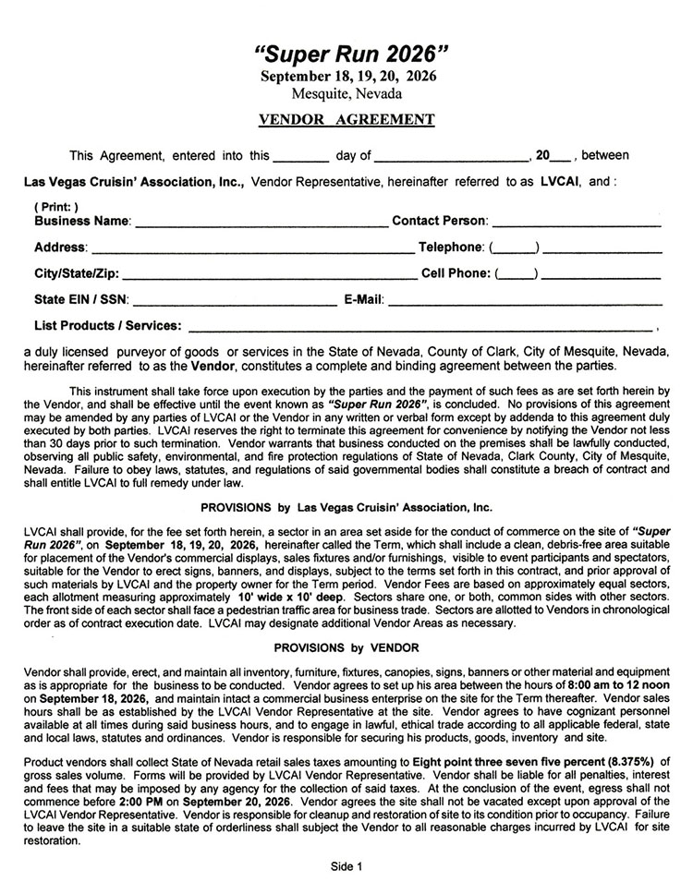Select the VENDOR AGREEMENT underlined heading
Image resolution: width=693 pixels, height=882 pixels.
coord(346,119)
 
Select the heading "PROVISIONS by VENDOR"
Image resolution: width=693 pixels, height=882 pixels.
coord(346,648)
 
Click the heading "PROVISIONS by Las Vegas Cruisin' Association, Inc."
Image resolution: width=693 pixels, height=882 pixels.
coord(346,507)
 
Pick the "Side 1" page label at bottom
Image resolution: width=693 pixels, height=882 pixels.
coord(346,866)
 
